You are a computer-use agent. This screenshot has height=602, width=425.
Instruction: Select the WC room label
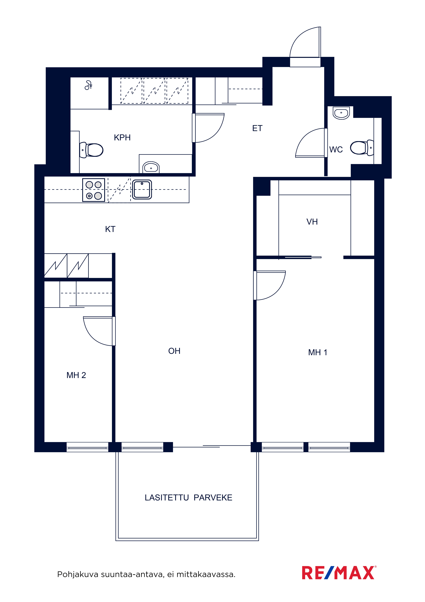[336, 149]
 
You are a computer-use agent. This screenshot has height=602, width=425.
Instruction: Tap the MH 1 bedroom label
[318, 352]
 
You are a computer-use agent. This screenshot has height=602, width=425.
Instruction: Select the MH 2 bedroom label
[76, 375]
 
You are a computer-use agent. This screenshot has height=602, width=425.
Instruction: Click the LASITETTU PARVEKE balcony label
[189, 498]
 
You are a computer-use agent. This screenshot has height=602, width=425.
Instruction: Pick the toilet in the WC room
[362, 148]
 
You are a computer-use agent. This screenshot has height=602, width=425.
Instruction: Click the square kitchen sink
[142, 189]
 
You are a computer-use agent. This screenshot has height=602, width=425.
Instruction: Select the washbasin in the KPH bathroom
[151, 167]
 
